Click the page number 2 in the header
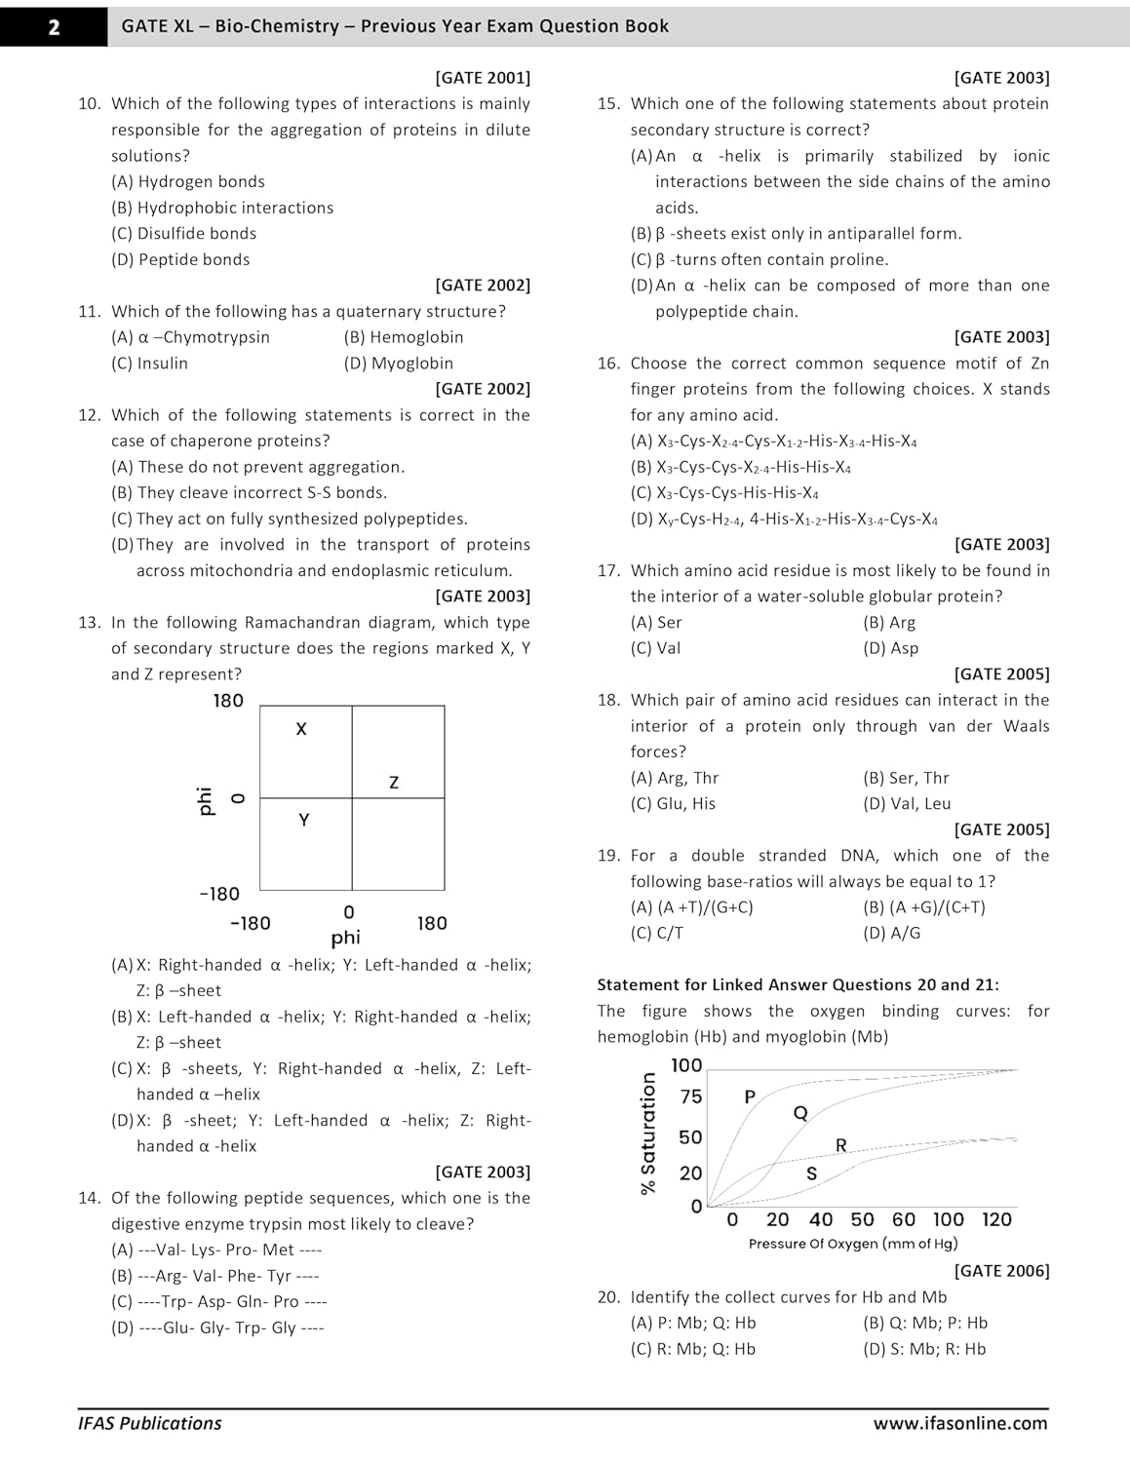tap(53, 26)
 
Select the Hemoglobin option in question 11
tap(404, 337)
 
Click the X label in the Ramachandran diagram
tap(301, 729)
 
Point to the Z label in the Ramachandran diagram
tap(394, 783)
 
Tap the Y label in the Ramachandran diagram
tap(304, 821)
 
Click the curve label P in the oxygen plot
tap(750, 1097)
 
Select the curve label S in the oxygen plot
tap(811, 1174)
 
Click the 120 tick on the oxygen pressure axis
tap(996, 1219)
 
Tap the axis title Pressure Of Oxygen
tap(853, 1244)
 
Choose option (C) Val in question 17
tap(656, 648)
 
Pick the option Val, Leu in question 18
tap(907, 804)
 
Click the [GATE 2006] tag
tap(1001, 1271)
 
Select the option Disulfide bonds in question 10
tap(184, 234)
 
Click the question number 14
tap(90, 1198)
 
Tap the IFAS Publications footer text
tap(150, 1423)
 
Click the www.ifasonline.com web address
tap(960, 1423)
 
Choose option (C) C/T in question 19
tap(657, 934)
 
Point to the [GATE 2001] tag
tap(483, 78)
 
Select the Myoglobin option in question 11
tap(399, 364)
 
